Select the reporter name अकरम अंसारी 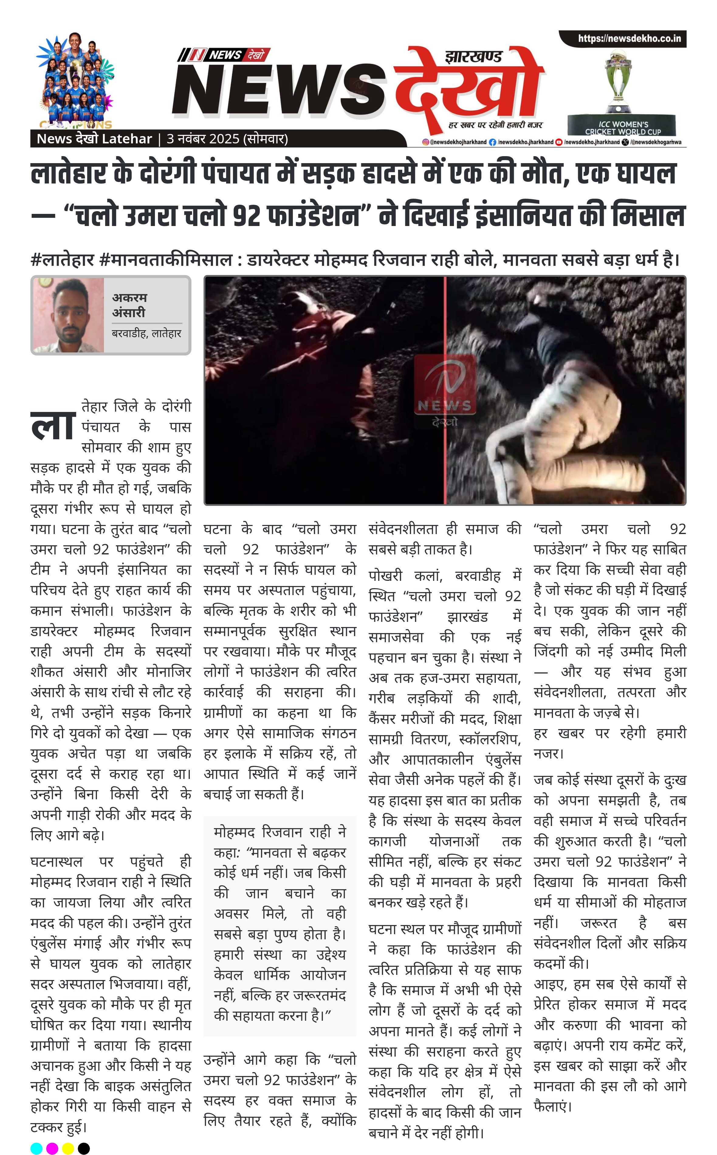tap(129, 305)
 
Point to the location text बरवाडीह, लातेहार tap(146, 333)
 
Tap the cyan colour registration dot tap(36, 1148)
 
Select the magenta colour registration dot tap(52, 1148)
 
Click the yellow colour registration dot tap(68, 1148)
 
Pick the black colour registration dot tap(84, 1148)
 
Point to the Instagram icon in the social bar tap(426, 142)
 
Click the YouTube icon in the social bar tap(559, 142)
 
